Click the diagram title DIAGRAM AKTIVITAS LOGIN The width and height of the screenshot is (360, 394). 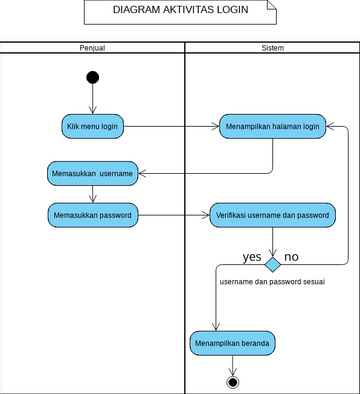[179, 12]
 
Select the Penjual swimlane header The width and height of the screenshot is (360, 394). [92, 47]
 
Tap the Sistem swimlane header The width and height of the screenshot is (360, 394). [271, 47]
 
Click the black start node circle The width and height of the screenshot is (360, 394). [93, 78]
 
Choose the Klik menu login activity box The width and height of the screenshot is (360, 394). [93, 127]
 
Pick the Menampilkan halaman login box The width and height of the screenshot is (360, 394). [272, 127]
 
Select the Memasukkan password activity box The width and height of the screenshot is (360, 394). [93, 213]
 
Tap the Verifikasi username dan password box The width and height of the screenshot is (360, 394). [272, 213]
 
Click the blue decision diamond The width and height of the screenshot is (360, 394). [272, 264]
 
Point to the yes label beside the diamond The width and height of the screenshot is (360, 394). [252, 257]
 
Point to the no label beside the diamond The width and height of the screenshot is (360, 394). [292, 257]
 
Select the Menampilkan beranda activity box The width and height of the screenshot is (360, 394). [233, 343]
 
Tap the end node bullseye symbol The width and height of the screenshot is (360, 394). [233, 382]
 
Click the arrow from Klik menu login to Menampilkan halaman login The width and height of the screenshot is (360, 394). [175, 127]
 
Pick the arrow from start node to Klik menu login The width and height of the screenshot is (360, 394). [93, 99]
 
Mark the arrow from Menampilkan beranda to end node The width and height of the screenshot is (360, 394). [233, 365]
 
